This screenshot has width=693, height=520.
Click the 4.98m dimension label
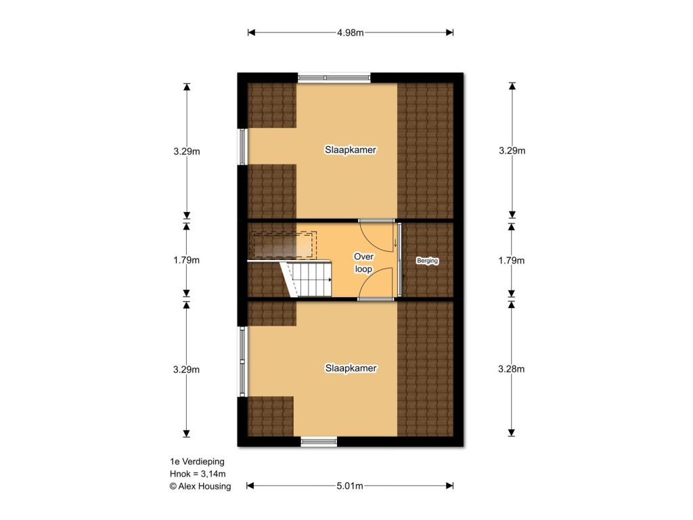tap(350, 32)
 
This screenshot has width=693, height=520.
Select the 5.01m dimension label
tap(350, 486)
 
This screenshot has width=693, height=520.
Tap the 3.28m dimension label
tap(512, 369)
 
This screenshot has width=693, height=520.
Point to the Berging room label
tap(428, 261)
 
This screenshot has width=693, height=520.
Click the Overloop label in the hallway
tap(363, 263)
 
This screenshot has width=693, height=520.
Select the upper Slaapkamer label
tap(351, 150)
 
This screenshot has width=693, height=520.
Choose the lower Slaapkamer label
tap(351, 368)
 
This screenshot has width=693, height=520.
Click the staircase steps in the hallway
tap(307, 279)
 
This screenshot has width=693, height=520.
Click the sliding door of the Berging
tap(400, 260)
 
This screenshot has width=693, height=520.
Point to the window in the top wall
tap(334, 78)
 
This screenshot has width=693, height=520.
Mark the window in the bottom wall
tap(319, 441)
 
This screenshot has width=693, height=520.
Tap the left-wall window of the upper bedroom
tap(243, 147)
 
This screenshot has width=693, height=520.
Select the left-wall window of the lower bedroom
tap(243, 362)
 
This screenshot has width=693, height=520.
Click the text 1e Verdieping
tap(197, 462)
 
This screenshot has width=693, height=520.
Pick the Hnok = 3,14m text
tap(198, 474)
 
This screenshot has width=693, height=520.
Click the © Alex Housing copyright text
tap(200, 486)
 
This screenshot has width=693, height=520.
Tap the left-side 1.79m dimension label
tap(186, 260)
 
